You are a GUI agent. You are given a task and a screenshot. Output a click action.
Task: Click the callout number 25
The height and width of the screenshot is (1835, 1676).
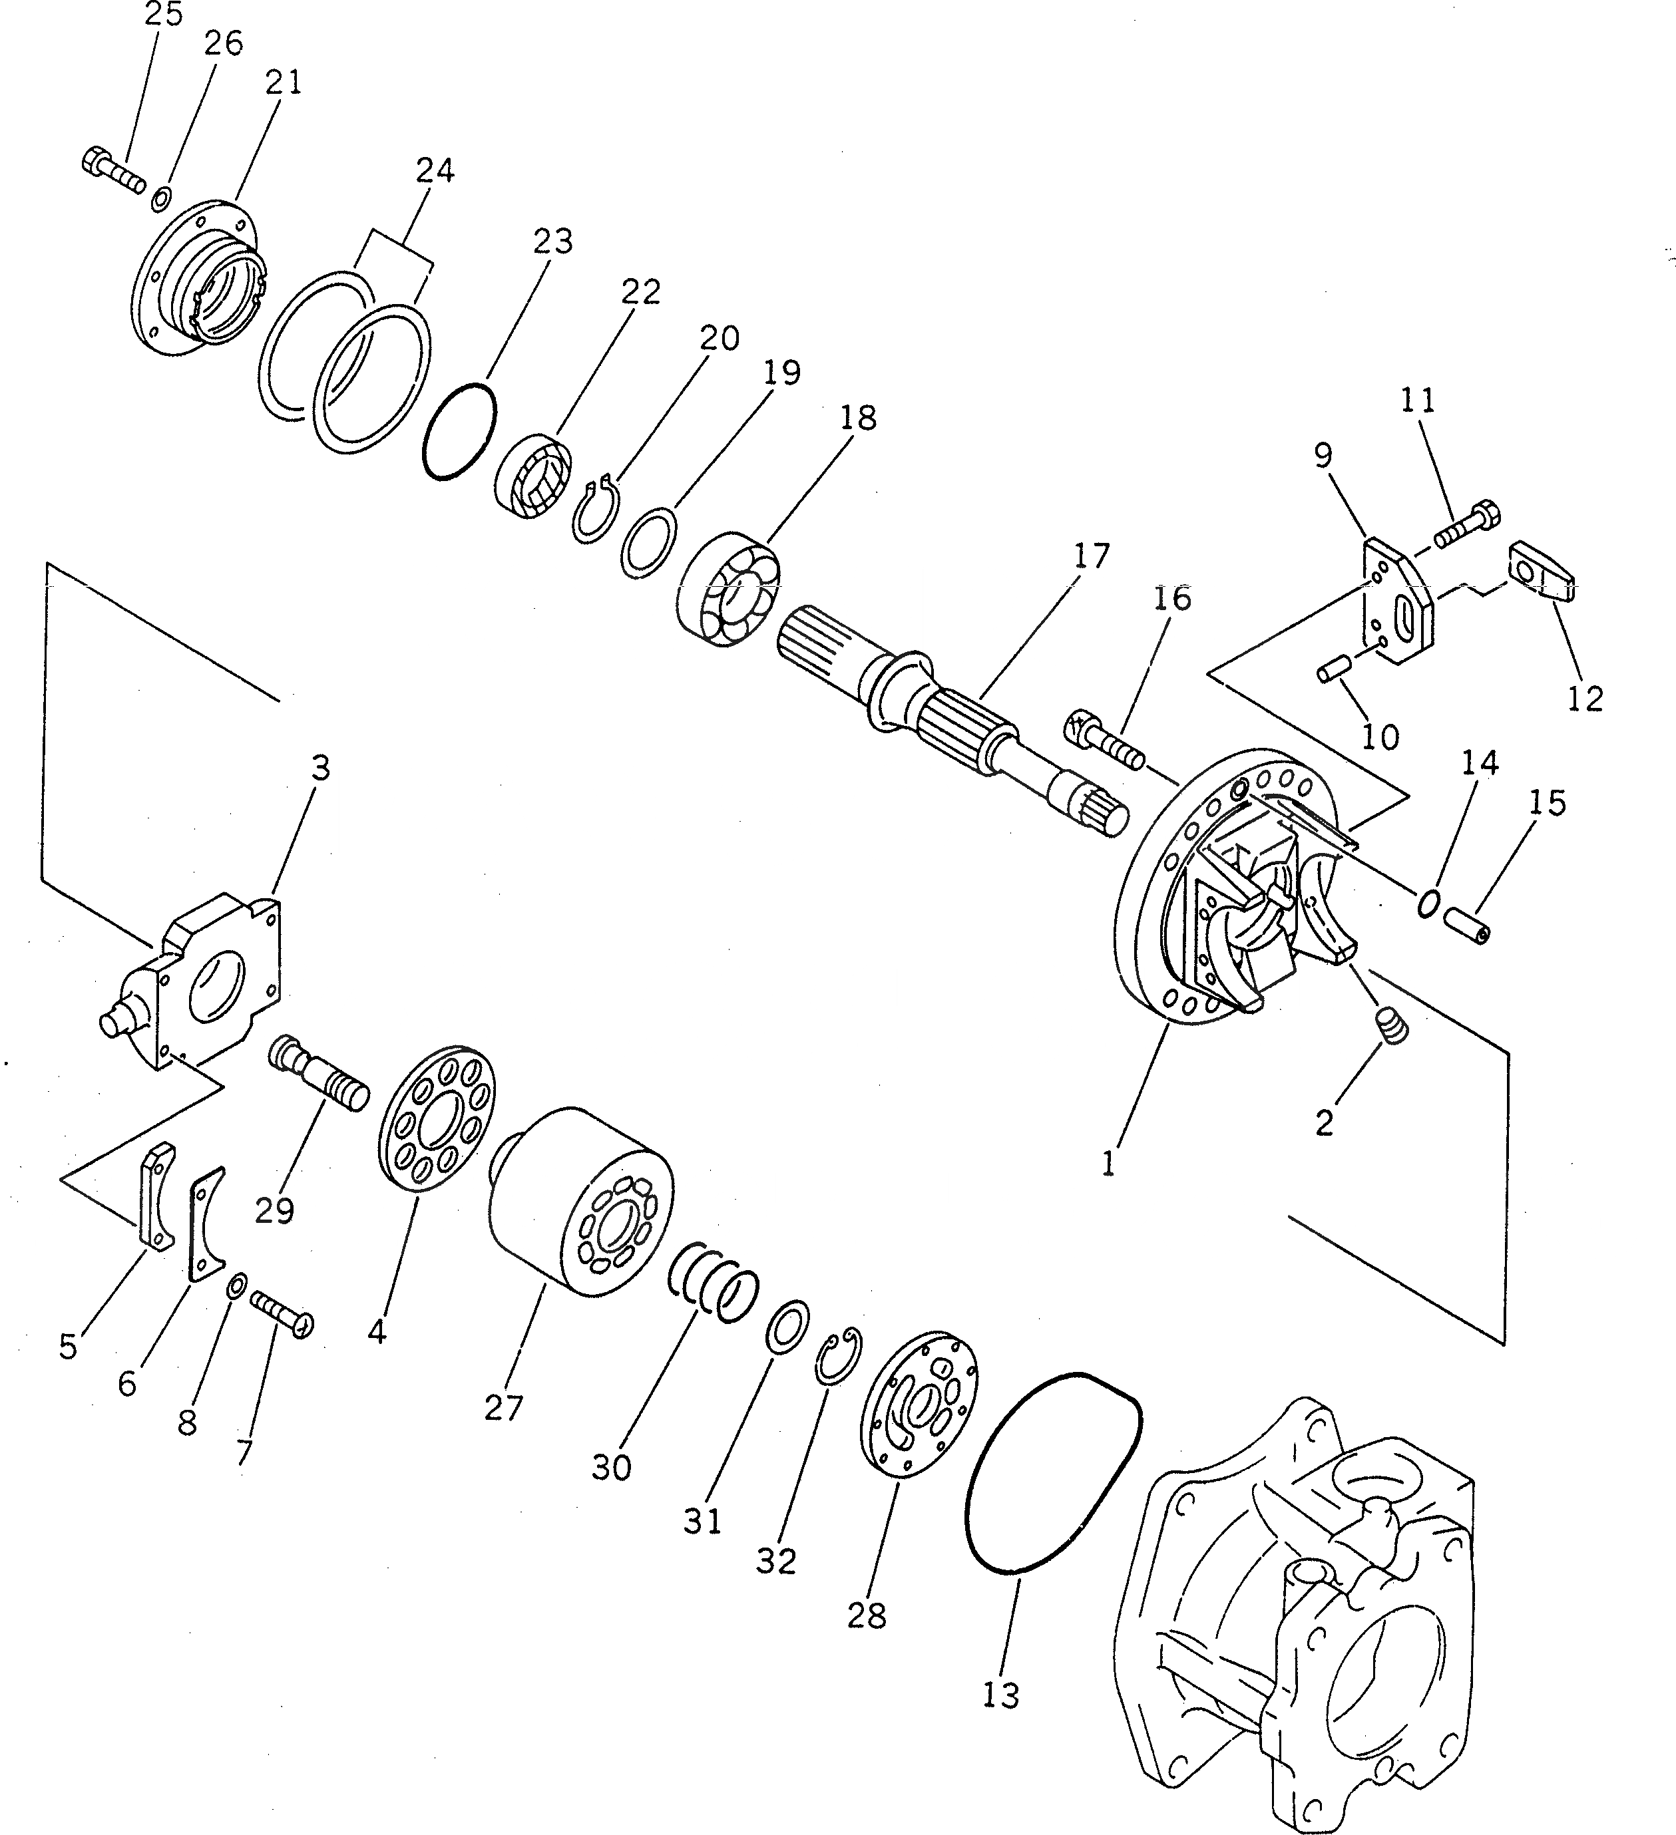click(163, 15)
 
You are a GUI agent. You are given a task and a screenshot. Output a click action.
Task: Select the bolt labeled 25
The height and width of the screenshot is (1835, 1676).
click(112, 173)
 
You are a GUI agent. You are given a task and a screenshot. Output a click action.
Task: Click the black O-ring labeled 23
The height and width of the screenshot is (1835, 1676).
click(460, 430)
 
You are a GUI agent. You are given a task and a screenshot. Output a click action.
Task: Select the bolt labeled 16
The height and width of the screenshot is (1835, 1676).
click(1104, 740)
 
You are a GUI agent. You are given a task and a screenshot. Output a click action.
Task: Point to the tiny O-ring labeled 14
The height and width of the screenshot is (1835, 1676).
click(1429, 901)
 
